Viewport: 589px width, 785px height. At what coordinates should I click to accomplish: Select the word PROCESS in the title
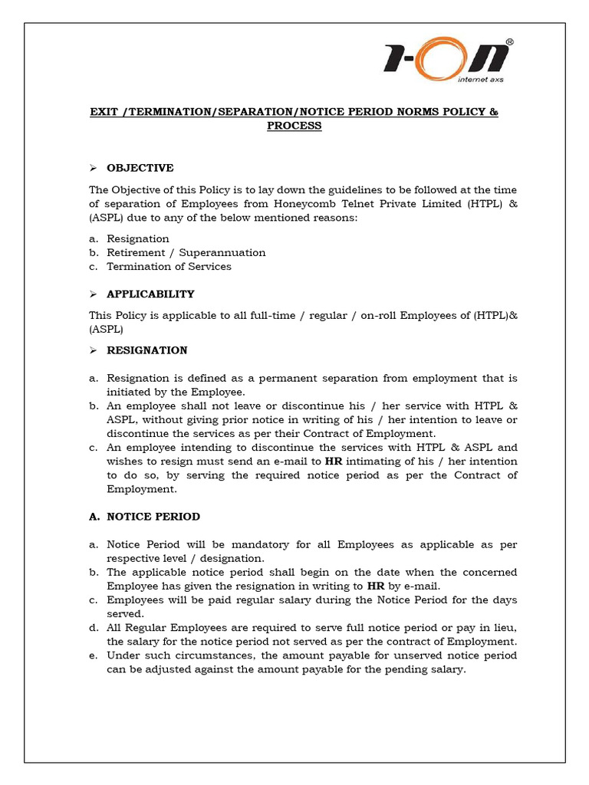[x=294, y=126]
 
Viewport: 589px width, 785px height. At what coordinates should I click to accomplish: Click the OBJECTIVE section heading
[x=140, y=168]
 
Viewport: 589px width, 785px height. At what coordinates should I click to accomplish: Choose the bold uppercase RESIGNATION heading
[x=146, y=350]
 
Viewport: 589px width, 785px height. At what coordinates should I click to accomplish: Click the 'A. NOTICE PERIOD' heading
[x=144, y=517]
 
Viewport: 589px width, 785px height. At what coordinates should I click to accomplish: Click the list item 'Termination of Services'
[x=169, y=267]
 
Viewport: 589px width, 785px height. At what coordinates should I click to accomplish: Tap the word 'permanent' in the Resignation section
[x=294, y=378]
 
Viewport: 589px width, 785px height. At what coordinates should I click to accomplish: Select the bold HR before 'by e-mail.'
[x=376, y=586]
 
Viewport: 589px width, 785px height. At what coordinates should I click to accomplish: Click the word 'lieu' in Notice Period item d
[x=505, y=627]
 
